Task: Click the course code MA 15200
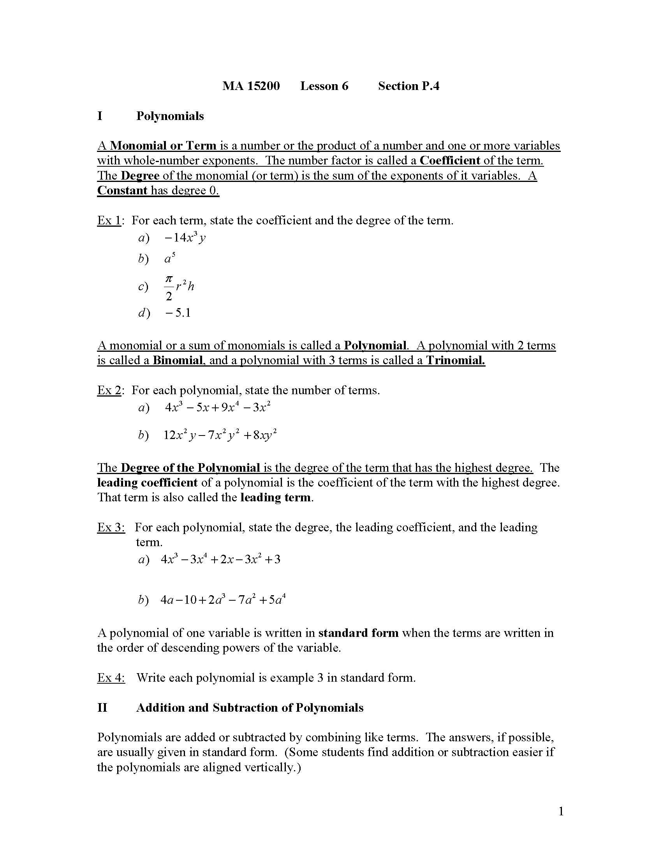[251, 86]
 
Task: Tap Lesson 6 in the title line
[324, 86]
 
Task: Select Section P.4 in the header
[408, 86]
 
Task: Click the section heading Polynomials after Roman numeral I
[170, 116]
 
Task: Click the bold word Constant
[122, 191]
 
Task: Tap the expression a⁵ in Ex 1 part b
[169, 259]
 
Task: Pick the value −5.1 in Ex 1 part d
[178, 313]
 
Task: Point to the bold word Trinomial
[455, 360]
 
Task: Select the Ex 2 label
[109, 390]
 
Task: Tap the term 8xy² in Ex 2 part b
[265, 435]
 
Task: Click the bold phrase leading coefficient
[147, 483]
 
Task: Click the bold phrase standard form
[358, 633]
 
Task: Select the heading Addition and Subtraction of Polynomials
[250, 708]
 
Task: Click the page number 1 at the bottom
[561, 811]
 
